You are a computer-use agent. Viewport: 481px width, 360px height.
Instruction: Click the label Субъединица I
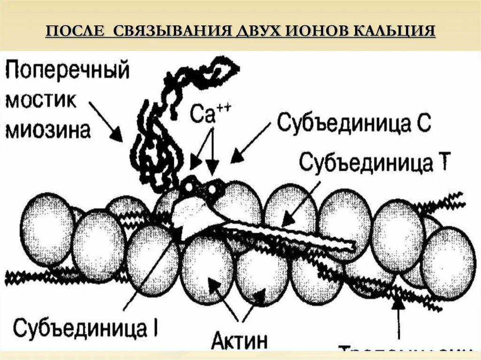87,328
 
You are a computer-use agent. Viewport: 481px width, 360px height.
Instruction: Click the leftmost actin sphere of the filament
46,230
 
